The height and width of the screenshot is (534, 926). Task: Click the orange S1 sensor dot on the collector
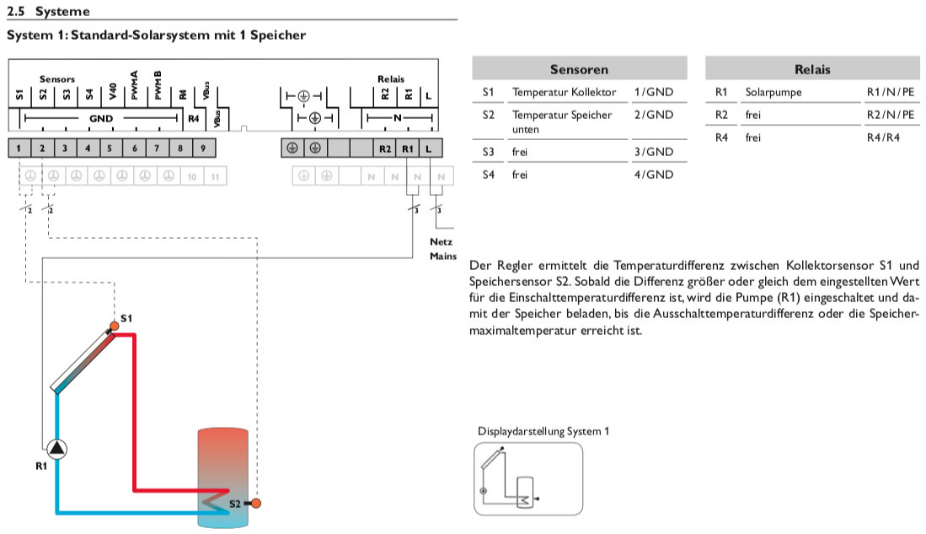[114, 326]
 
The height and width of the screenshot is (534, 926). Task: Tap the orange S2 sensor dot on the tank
[255, 504]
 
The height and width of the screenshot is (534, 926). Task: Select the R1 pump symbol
[57, 449]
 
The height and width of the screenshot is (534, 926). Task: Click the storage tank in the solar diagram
[222, 477]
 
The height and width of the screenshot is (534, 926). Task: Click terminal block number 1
[19, 148]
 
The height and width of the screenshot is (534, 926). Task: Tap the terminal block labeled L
[430, 148]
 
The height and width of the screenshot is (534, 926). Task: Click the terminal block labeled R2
[385, 148]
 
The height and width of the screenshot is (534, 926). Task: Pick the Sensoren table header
[579, 69]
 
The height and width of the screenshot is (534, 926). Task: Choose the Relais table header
[811, 69]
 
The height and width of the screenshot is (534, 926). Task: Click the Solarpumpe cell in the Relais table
[773, 92]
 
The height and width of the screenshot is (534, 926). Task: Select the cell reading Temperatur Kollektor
[564, 92]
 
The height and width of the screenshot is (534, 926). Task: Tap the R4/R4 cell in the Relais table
[883, 137]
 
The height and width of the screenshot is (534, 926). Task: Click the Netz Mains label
[442, 249]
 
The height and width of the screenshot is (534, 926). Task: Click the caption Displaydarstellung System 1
[543, 431]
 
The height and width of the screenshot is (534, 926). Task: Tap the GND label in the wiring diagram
[100, 119]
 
